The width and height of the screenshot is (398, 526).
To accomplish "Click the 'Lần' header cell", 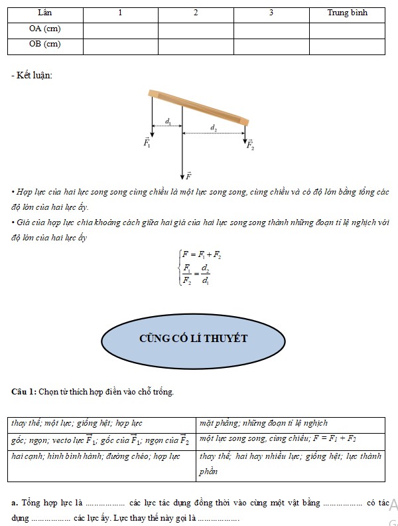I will [44, 13].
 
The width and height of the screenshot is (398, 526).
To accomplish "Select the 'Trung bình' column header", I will [347, 13].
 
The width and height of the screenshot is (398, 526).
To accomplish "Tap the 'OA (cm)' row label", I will [44, 29].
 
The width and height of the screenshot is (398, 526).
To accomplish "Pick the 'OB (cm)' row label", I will [44, 44].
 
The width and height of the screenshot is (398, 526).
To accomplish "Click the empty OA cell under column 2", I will [196, 29].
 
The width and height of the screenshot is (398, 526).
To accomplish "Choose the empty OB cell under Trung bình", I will [347, 44].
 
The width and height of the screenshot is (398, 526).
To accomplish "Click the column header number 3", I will [271, 13].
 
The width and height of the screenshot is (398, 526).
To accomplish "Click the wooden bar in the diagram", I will [199, 106].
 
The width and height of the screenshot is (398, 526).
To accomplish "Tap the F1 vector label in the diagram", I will [147, 142].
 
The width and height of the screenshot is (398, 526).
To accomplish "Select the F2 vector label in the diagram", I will [250, 146].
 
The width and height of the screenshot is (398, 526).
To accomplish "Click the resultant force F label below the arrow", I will [188, 176].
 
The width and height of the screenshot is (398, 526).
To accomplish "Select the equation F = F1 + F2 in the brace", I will [202, 255].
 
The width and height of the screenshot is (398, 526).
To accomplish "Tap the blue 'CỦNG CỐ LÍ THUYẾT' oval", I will [193, 338].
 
